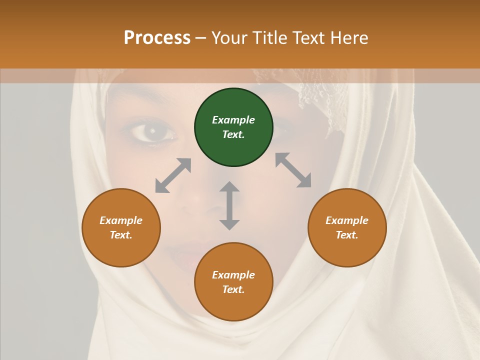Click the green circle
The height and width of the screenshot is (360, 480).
point(233,127)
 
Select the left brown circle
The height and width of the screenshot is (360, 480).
point(121,228)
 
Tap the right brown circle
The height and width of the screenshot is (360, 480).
point(347,228)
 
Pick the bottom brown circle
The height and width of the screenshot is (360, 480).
point(233,282)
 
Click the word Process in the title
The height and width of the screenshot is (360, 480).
point(157,38)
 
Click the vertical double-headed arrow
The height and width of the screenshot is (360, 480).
point(229,205)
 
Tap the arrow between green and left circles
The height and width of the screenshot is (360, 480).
point(173,175)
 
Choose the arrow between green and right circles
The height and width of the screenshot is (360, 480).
point(293,170)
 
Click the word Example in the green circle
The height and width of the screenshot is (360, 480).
point(233,120)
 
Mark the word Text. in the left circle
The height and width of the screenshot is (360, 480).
point(121,235)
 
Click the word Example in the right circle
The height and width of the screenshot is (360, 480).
point(347,220)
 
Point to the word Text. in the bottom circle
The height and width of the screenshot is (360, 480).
point(233,289)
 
